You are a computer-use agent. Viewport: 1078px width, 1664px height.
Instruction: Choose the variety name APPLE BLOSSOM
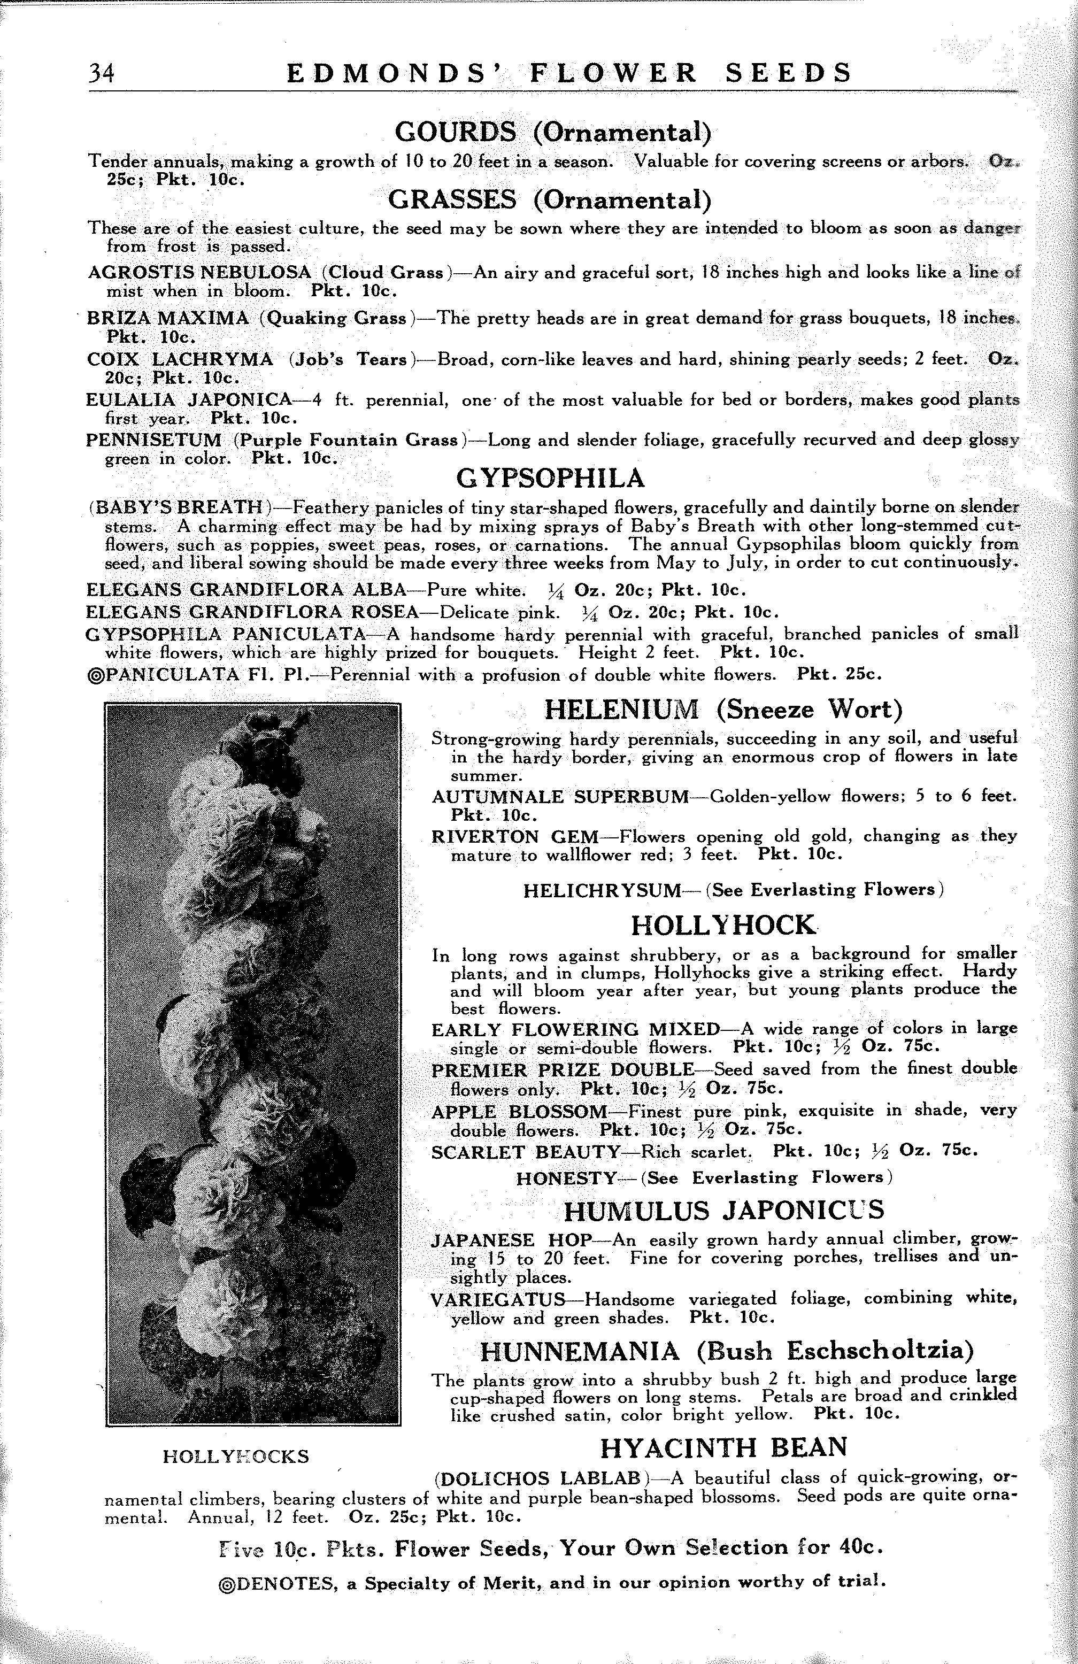[519, 1112]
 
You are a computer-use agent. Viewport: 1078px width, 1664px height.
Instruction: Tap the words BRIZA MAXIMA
[168, 319]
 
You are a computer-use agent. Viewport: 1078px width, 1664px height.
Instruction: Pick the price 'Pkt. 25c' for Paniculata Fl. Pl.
[839, 675]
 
